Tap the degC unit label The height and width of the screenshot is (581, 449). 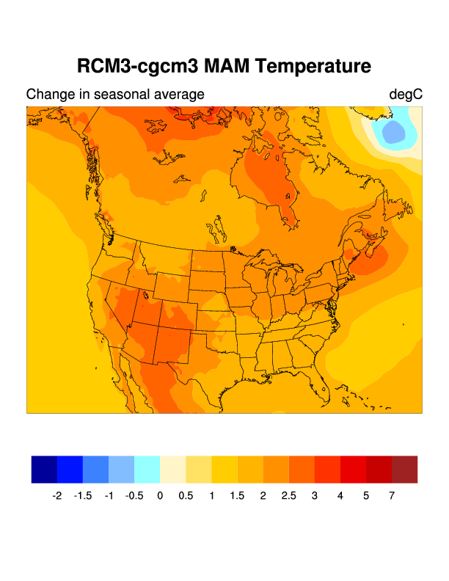(x=406, y=95)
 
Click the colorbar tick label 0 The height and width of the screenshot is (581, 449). (x=160, y=496)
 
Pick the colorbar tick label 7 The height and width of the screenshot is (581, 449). (x=392, y=496)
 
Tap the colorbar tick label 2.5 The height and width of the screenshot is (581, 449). (x=288, y=496)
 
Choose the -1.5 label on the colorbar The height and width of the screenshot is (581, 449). (x=82, y=496)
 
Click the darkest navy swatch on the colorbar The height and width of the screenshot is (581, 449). (x=44, y=469)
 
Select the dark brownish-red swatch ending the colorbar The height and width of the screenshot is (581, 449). (x=404, y=469)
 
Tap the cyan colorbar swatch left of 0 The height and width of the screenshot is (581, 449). (x=147, y=469)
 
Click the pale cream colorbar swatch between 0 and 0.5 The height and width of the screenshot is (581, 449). (x=172, y=469)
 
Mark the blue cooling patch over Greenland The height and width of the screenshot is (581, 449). (x=393, y=133)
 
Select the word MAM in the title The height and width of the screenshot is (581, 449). (x=224, y=66)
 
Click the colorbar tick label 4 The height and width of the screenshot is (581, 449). (x=340, y=496)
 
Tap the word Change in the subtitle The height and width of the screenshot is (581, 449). (x=48, y=95)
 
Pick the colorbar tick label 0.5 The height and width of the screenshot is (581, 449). (x=186, y=496)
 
